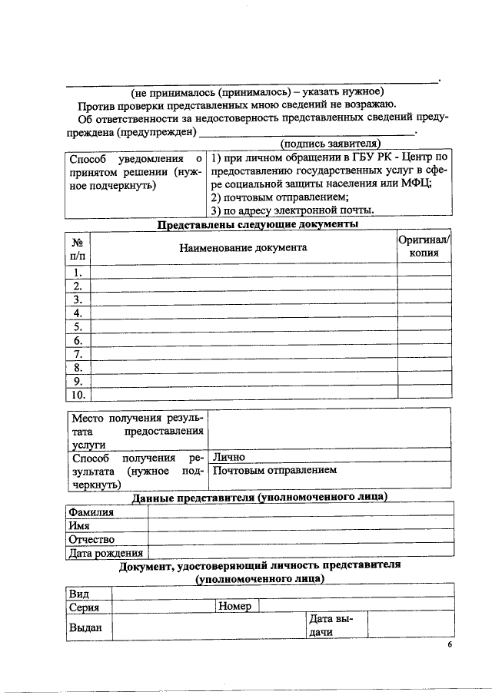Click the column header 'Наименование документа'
click(x=243, y=247)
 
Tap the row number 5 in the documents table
click(x=78, y=326)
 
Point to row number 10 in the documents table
click(x=78, y=395)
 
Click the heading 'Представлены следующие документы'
click(x=258, y=224)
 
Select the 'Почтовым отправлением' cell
click(x=274, y=470)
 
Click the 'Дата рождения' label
click(x=106, y=553)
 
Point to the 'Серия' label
click(x=84, y=607)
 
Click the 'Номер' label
click(x=235, y=607)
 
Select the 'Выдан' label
click(x=86, y=627)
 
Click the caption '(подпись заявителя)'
click(x=331, y=144)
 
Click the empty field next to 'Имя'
click(x=300, y=526)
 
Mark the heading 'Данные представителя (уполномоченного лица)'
click(x=259, y=498)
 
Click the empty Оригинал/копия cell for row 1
click(x=424, y=272)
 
